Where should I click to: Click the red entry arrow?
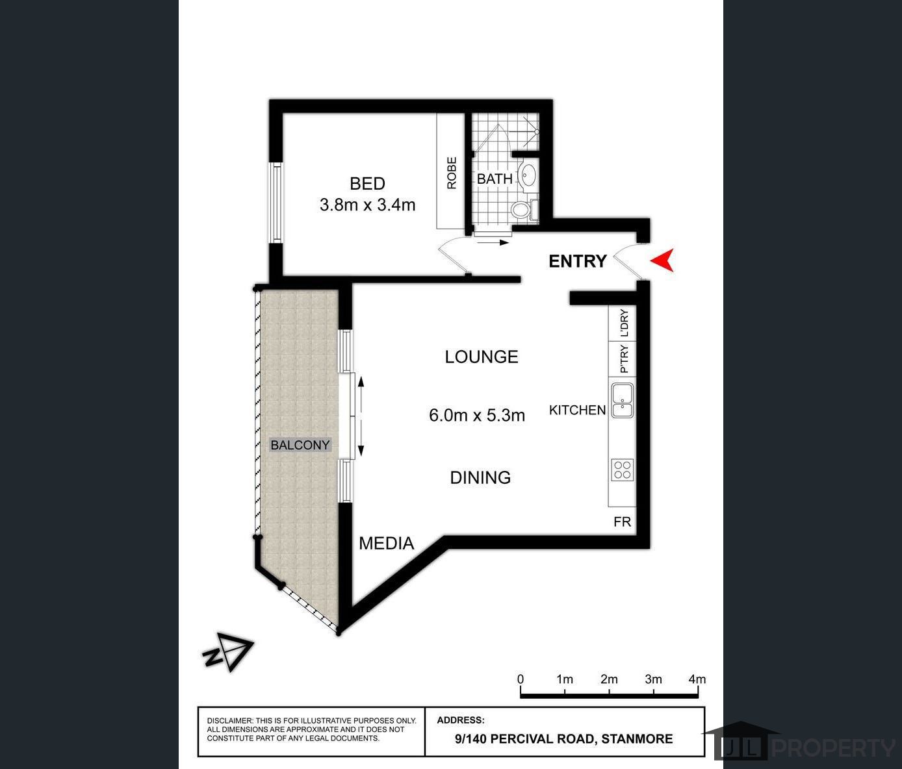664,260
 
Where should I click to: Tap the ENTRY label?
578,261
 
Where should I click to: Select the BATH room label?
495,179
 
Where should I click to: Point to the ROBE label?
452,173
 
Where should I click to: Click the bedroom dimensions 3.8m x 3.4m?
367,205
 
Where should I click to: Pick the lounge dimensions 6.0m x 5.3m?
477,415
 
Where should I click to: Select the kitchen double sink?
623,401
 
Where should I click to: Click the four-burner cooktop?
623,470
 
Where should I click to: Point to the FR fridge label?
623,522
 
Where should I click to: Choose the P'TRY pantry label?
624,359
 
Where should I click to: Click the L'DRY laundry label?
624,323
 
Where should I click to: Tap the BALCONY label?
300,445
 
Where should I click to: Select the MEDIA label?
386,544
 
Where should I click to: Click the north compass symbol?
229,651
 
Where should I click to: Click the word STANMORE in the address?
637,739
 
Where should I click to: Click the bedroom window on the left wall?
276,203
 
